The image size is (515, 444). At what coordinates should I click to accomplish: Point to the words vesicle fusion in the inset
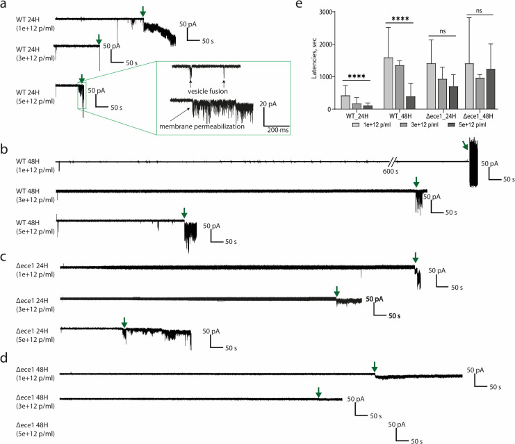pos(206,90)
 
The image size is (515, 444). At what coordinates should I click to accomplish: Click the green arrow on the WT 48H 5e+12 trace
pos(183,211)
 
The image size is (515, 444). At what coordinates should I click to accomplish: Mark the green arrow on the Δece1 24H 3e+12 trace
pos(336,290)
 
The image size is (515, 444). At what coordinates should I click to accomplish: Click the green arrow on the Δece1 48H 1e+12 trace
pos(374,366)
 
